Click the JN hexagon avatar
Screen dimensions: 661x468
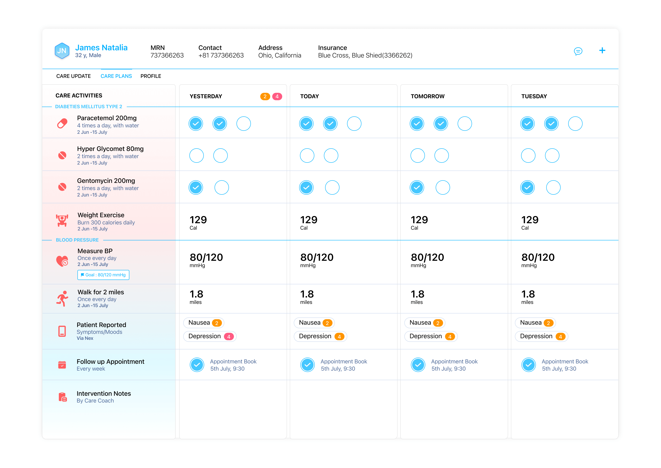click(62, 51)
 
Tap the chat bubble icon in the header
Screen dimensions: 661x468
click(578, 51)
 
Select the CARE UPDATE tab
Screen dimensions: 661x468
click(73, 76)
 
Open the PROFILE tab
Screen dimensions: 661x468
click(151, 76)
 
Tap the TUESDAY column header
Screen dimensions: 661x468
click(534, 96)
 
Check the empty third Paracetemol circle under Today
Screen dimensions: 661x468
click(354, 124)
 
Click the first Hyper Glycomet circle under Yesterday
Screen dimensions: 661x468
click(196, 156)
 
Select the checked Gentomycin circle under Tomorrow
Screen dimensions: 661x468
click(417, 188)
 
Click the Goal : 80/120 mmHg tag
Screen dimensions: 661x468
click(103, 275)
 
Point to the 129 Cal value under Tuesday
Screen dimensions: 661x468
click(530, 222)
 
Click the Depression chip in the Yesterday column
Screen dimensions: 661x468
click(210, 336)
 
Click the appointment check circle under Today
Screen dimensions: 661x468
click(308, 365)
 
